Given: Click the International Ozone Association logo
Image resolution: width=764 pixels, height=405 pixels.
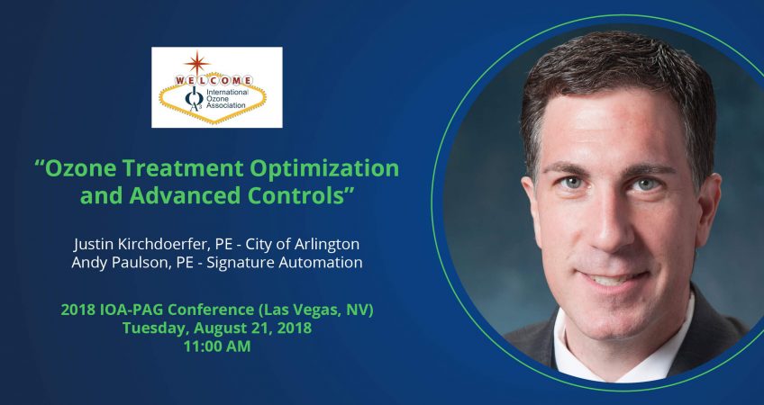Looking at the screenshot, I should (x=216, y=86).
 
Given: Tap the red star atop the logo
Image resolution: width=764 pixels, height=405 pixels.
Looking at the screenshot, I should (x=196, y=62).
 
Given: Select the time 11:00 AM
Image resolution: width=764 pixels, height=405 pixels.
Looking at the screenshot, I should (x=216, y=346).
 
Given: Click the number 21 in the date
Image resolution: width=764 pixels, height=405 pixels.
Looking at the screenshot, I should (x=258, y=328).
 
